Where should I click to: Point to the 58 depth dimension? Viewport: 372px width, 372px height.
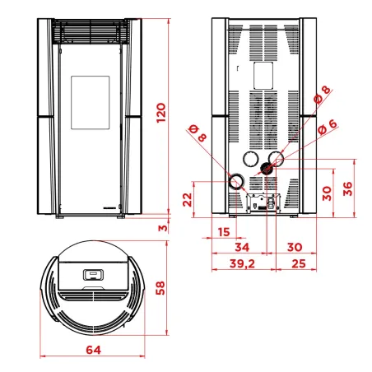[162, 289]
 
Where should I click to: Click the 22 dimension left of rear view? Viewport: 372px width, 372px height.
[187, 198]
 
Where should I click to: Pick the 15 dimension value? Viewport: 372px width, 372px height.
[224, 232]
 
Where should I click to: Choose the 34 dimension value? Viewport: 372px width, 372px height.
[242, 247]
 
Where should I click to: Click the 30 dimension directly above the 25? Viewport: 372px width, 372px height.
[295, 247]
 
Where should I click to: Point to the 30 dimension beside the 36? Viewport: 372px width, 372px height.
[328, 193]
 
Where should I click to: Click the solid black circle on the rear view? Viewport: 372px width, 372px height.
[267, 169]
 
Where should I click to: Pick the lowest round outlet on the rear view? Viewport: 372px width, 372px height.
[236, 181]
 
